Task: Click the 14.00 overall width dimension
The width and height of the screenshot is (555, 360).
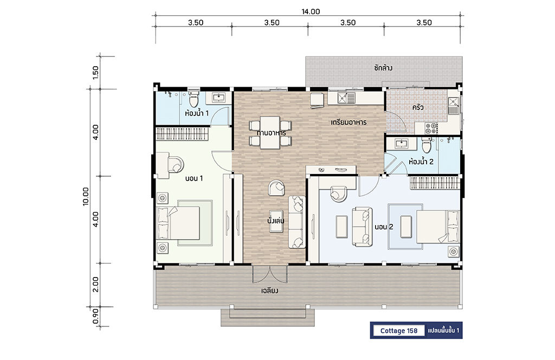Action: click(311, 12)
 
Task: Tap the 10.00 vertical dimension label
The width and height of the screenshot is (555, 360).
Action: click(86, 196)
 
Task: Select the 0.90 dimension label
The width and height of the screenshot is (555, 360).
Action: click(95, 316)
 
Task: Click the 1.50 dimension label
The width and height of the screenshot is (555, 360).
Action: click(95, 73)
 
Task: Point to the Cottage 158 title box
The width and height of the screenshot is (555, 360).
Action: click(399, 331)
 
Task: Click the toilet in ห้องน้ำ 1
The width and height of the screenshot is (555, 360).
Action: click(193, 99)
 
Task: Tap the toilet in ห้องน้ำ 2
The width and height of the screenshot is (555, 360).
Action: click(427, 145)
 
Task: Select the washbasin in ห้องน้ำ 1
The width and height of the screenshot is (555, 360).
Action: click(218, 98)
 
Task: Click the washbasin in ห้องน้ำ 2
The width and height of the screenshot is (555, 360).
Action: click(401, 144)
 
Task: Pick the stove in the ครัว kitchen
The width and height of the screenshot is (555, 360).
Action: click(431, 128)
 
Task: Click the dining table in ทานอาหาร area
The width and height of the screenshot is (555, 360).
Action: click(270, 132)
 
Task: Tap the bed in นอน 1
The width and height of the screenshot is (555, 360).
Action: click(178, 223)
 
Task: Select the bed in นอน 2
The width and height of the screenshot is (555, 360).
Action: click(438, 227)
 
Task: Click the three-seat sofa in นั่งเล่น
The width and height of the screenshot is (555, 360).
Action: click(296, 222)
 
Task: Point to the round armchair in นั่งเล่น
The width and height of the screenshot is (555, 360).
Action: click(276, 188)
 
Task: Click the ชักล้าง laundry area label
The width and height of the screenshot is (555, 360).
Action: click(383, 68)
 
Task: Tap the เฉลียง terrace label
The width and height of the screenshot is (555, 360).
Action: click(270, 291)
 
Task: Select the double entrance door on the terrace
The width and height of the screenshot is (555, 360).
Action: click(270, 274)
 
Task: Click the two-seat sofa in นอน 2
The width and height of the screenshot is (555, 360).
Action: click(362, 227)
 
